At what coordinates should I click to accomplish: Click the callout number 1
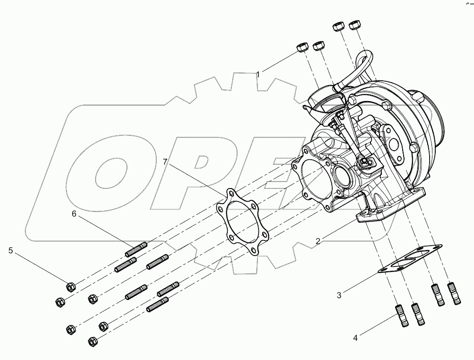(x=259, y=74)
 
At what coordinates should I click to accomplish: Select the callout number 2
(x=319, y=241)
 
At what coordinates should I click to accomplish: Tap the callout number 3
(x=339, y=296)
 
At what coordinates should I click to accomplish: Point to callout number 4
(x=355, y=337)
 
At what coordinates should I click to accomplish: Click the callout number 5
(x=11, y=250)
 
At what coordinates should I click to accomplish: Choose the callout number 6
(x=74, y=214)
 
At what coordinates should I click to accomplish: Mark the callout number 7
(x=165, y=162)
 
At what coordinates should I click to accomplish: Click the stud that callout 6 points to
(x=138, y=248)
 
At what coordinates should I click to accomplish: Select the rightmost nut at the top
(x=353, y=26)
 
